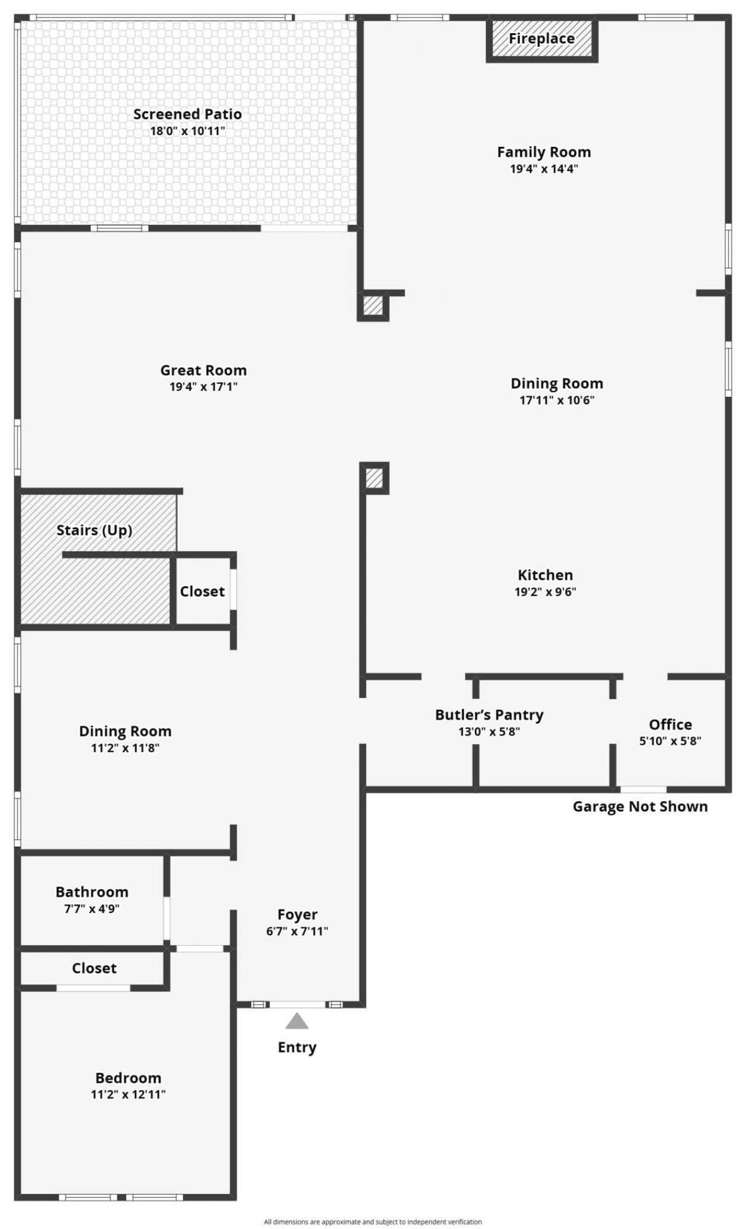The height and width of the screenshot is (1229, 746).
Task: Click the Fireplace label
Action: tap(541, 38)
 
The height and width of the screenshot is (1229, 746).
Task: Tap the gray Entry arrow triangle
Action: tap(297, 1021)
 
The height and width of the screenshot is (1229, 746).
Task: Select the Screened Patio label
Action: tap(187, 114)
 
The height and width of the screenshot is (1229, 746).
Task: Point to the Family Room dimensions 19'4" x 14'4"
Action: tap(544, 169)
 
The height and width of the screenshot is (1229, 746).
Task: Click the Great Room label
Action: tap(203, 370)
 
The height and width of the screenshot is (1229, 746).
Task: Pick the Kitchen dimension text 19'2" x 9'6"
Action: tap(545, 592)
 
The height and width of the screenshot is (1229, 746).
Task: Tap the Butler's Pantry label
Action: tap(489, 715)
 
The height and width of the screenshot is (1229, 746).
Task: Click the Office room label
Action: tap(670, 724)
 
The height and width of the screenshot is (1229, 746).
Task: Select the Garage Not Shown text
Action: tap(640, 807)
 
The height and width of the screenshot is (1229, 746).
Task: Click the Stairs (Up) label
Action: tap(94, 530)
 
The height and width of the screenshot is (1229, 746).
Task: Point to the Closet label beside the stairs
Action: tap(202, 591)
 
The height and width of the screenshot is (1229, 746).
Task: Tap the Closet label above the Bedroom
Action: tap(94, 968)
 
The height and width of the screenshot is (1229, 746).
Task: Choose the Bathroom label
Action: tap(92, 892)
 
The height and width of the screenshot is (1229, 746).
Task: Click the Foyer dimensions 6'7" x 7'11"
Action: tap(297, 931)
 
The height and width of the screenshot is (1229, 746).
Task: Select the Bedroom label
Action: tap(128, 1077)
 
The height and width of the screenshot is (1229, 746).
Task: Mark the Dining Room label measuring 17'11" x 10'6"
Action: tap(557, 383)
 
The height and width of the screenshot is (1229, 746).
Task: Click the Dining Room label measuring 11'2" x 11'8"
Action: tap(125, 731)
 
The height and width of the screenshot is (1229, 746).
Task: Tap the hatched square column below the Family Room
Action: tap(373, 305)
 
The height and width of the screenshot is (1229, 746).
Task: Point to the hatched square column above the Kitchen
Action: tap(374, 478)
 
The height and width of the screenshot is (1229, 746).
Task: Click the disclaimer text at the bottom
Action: tap(373, 1222)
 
